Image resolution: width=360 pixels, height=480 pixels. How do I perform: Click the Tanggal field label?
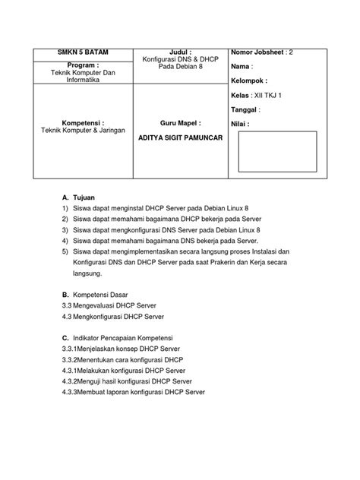coord(246,110)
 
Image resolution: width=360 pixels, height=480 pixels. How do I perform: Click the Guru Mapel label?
coord(178,122)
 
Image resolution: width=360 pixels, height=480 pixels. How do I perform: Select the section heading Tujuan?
coord(83,197)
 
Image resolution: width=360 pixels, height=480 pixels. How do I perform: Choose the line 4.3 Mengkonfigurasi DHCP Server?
coord(112,315)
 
